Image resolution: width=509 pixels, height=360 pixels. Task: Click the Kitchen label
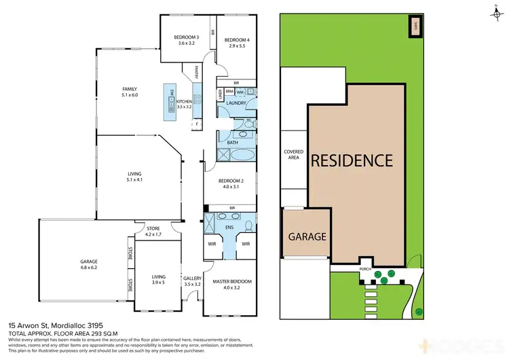pos(185,103)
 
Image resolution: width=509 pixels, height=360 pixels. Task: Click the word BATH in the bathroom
pos(232,143)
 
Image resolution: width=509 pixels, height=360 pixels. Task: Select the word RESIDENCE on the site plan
pos(352,160)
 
